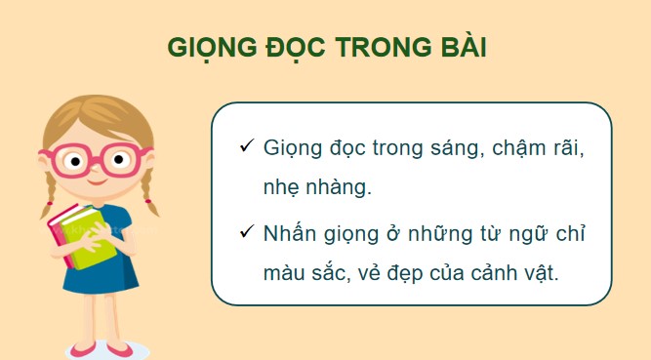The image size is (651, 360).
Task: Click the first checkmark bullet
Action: pyautogui.click(x=246, y=146)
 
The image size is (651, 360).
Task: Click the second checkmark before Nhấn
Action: pyautogui.click(x=246, y=233)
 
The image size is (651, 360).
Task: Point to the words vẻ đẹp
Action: pyautogui.click(x=406, y=274)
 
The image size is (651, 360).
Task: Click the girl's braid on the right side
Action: pyautogui.click(x=149, y=190)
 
